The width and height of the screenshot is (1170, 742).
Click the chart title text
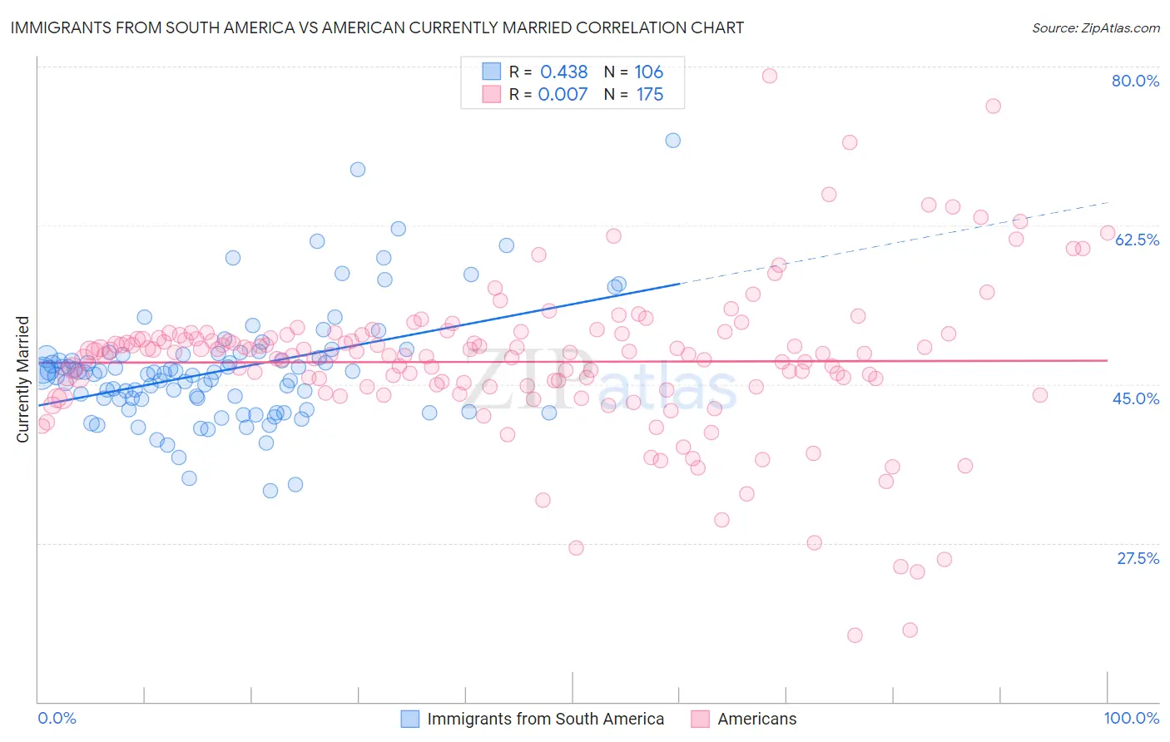point(377,27)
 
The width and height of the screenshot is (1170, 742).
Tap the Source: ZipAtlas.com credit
point(1095,27)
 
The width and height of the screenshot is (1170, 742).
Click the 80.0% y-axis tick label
point(1135,81)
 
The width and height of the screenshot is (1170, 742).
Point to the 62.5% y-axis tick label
point(1137,240)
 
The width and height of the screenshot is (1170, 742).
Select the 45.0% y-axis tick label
point(1136,398)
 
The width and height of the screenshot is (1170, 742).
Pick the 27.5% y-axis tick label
point(1138,558)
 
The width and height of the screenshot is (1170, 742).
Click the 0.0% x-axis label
point(57,718)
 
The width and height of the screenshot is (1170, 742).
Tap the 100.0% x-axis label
point(1131,718)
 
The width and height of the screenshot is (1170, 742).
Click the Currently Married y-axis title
point(23,378)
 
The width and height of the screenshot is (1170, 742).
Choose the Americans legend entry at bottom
point(756,719)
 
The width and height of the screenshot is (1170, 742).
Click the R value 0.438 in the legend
point(563,72)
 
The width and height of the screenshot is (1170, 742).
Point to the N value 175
point(650,95)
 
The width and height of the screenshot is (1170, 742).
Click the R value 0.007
point(563,95)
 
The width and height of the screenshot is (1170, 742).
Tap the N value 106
point(648,72)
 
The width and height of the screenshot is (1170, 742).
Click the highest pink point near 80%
point(770,76)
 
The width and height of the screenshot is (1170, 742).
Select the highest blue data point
point(673,141)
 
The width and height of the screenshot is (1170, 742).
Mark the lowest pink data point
point(855,636)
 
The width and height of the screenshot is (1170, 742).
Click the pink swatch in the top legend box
point(491,94)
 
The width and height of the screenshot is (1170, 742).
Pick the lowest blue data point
point(270,491)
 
